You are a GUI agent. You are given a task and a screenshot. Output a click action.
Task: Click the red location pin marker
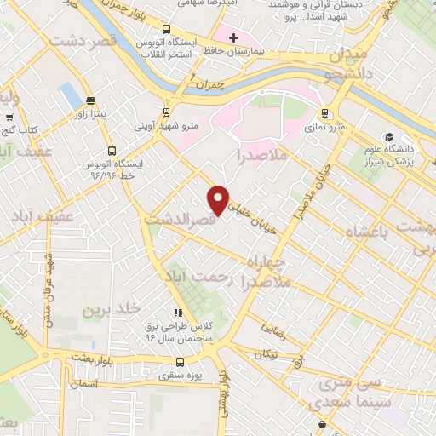coord(219,199)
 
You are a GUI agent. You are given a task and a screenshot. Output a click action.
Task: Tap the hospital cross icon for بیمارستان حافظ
coord(233,37)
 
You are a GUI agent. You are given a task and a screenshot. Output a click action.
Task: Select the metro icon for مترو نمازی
coord(324,112)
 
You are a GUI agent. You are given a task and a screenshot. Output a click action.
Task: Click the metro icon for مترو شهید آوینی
coord(166,111)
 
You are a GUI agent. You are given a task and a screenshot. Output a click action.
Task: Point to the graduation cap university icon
coord(389,137)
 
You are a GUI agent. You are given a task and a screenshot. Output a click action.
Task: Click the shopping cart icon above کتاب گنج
coord(9,118)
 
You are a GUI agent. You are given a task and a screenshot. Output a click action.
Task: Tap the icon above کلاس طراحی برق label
coord(178,313)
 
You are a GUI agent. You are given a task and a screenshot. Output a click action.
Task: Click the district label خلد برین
coord(103,311)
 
